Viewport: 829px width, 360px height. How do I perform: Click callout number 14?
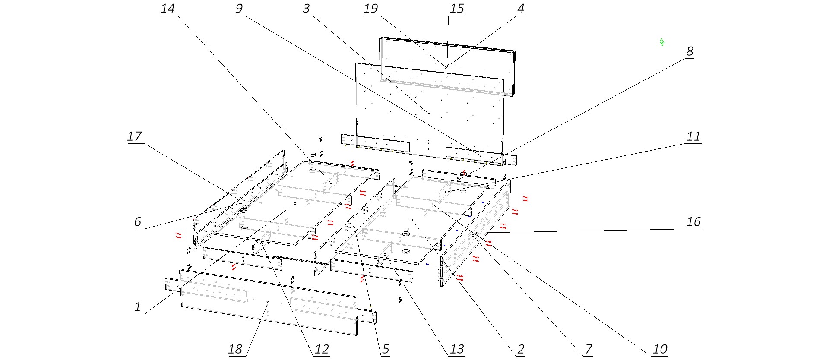[x=168, y=9]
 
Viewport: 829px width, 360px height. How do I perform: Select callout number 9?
[x=239, y=9]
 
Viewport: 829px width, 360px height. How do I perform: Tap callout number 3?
[x=307, y=9]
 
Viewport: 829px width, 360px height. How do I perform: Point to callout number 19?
[x=371, y=9]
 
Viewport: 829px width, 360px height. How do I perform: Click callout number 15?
[x=457, y=9]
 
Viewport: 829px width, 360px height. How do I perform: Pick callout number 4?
[x=521, y=9]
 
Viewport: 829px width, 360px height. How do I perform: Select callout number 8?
[x=690, y=51]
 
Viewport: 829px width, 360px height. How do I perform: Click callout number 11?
[x=693, y=136]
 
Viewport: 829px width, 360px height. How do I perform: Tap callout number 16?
[x=693, y=222]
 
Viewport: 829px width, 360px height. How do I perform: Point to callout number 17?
[x=134, y=136]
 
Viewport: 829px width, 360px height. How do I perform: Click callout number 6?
[x=138, y=222]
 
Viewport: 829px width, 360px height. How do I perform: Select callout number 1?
[x=138, y=307]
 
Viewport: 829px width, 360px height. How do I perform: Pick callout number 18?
[x=235, y=349]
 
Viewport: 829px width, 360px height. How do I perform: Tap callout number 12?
[x=322, y=349]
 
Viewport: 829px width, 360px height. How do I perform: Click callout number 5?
[x=386, y=349]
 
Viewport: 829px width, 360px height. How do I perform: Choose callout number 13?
[x=457, y=349]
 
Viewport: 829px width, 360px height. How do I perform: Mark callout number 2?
[x=521, y=349]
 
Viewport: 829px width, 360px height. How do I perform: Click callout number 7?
[x=588, y=349]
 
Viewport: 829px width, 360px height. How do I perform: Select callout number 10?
[x=660, y=349]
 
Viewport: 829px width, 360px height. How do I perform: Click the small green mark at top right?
[x=661, y=42]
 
